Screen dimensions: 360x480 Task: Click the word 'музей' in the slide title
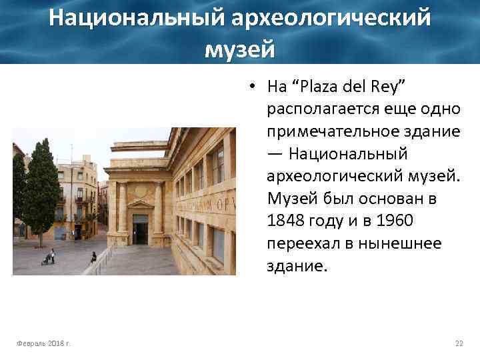click(x=239, y=48)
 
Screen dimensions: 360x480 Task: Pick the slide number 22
click(x=459, y=343)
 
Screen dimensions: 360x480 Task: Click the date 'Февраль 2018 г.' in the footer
click(x=45, y=343)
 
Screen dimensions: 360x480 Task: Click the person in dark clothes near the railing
click(x=93, y=256)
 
